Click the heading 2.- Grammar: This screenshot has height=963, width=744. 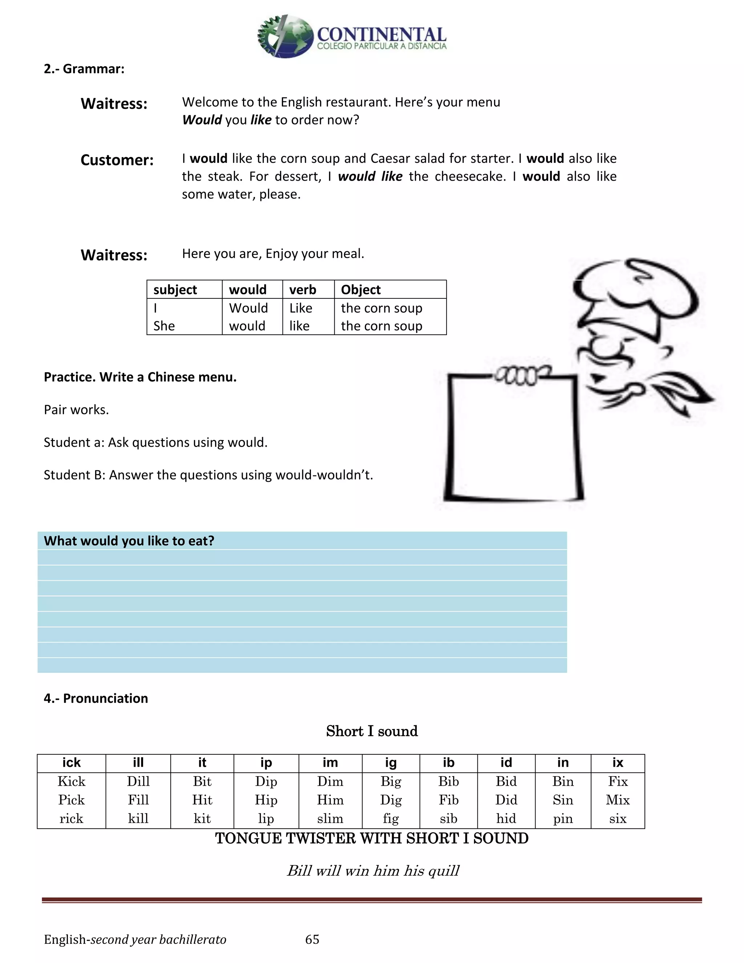click(84, 69)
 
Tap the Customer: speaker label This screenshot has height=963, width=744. click(117, 160)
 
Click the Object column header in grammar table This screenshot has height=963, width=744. click(360, 290)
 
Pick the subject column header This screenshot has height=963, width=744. click(175, 290)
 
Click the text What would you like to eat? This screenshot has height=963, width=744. click(129, 541)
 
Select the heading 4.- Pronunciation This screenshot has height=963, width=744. click(96, 698)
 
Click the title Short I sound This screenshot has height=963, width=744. click(372, 731)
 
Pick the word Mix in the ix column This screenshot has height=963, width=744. click(618, 800)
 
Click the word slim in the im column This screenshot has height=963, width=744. click(330, 819)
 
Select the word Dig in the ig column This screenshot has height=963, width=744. click(391, 800)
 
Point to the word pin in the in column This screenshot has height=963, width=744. click(562, 819)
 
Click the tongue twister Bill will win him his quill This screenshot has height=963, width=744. click(373, 871)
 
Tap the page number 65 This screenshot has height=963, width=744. click(312, 939)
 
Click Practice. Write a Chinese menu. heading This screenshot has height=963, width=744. click(140, 378)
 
